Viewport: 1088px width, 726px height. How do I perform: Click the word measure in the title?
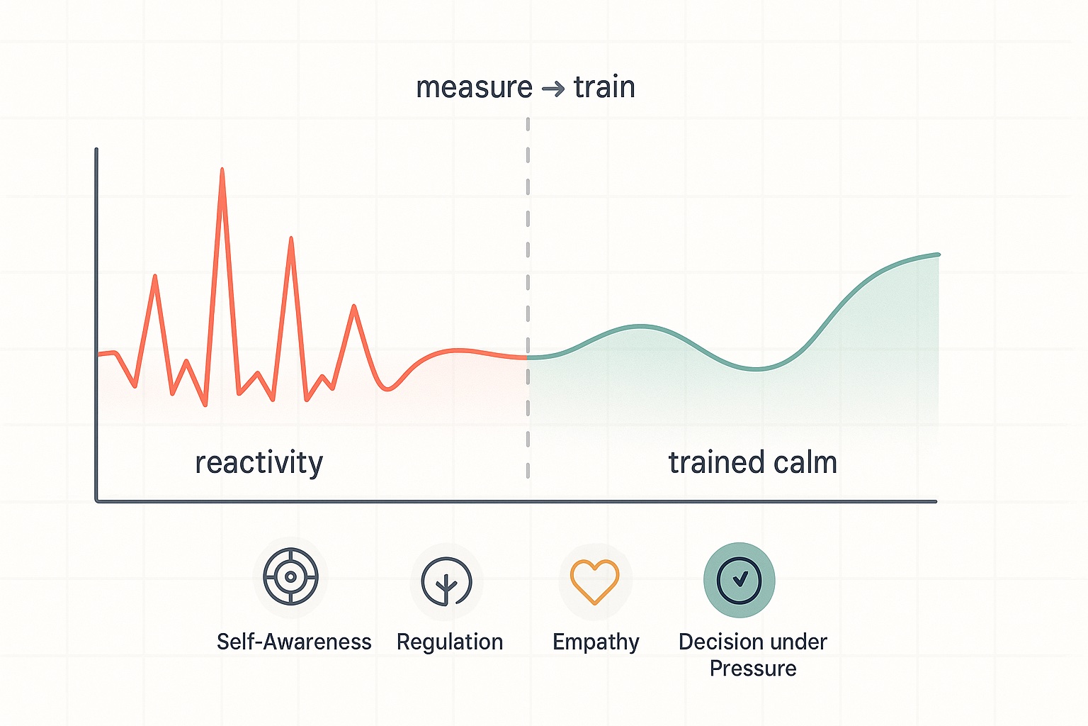[x=474, y=88]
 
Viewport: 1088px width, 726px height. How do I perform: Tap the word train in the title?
[x=604, y=88]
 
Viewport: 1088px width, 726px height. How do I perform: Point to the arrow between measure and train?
[x=552, y=89]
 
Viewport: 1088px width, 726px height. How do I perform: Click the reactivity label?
[x=259, y=463]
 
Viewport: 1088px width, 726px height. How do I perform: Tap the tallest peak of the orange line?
[x=222, y=170]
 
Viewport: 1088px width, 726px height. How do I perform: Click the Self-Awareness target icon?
[x=290, y=576]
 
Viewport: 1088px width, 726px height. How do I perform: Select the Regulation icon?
[x=446, y=581]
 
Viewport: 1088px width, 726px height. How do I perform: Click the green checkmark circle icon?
[x=739, y=580]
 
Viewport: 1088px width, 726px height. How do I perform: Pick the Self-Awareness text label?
[x=294, y=642]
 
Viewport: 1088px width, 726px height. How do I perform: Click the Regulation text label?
[x=450, y=642]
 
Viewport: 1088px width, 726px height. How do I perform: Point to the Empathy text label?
[x=596, y=642]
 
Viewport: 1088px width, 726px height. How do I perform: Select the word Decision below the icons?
[x=718, y=642]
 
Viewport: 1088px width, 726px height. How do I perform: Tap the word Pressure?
[x=753, y=669]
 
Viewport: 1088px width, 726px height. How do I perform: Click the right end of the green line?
[x=938, y=255]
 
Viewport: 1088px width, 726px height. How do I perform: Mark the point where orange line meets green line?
[x=528, y=357]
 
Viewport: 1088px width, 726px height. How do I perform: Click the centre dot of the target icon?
[x=290, y=576]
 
